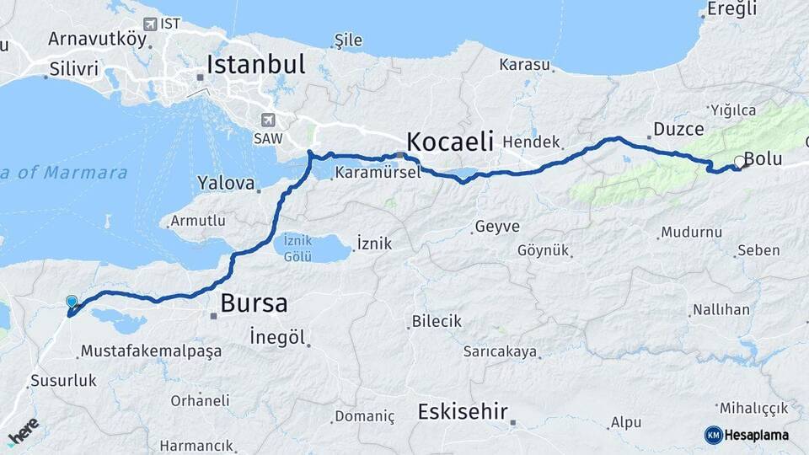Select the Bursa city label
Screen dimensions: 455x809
pyautogui.click(x=254, y=303)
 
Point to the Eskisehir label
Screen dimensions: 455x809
pyautogui.click(x=463, y=412)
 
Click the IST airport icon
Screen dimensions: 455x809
pyautogui.click(x=151, y=24)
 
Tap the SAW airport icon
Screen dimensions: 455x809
pyautogui.click(x=268, y=120)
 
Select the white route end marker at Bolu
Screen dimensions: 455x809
pyautogui.click(x=739, y=162)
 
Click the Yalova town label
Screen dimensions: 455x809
pyautogui.click(x=225, y=182)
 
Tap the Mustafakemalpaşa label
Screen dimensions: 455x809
pyautogui.click(x=151, y=351)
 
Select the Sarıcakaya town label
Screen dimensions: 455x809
pyautogui.click(x=500, y=351)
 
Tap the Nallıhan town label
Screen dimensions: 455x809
pyautogui.click(x=721, y=310)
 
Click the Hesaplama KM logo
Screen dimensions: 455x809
pyautogui.click(x=746, y=435)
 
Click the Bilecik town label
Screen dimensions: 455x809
pyautogui.click(x=437, y=321)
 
